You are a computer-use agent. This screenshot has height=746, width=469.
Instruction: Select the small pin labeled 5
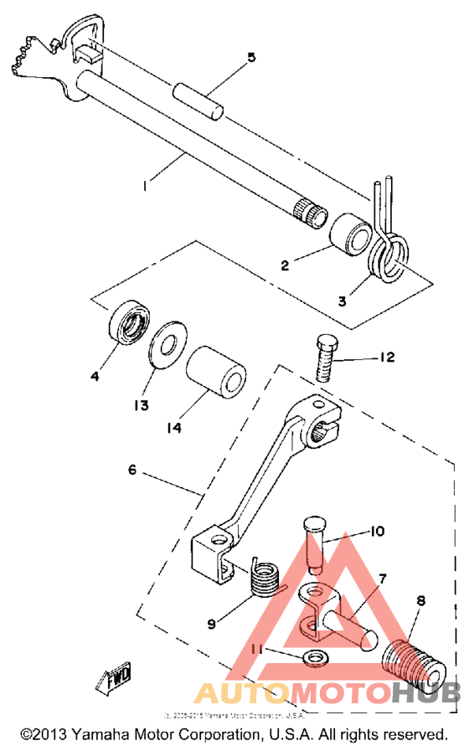tap(199, 99)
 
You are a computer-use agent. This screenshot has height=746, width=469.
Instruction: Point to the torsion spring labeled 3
tap(389, 250)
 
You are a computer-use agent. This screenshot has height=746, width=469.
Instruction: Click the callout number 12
tap(384, 358)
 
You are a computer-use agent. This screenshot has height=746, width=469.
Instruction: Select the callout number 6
tap(131, 470)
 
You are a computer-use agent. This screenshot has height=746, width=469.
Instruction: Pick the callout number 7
tap(383, 579)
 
